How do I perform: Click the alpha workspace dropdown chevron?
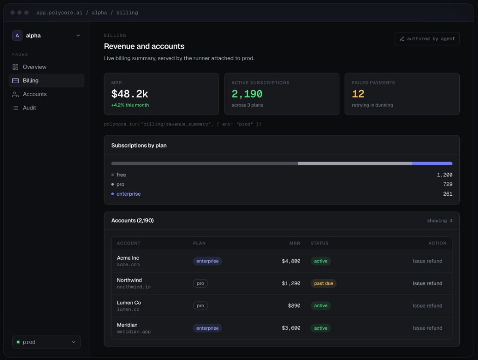pyautogui.click(x=78, y=35)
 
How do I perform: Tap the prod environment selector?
pyautogui.click(x=46, y=342)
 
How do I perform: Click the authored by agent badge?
pyautogui.click(x=427, y=39)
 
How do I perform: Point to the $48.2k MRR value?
pyautogui.click(x=130, y=94)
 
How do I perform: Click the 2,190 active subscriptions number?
pyautogui.click(x=247, y=94)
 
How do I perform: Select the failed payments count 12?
pyautogui.click(x=358, y=94)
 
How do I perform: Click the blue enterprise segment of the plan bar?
pyautogui.click(x=432, y=164)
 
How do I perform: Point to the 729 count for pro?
pyautogui.click(x=448, y=184)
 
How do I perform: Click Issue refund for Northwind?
pyautogui.click(x=428, y=283)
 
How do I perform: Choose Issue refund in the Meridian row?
pyautogui.click(x=428, y=328)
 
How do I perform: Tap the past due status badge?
pyautogui.click(x=323, y=283)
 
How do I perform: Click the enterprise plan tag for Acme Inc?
pyautogui.click(x=207, y=261)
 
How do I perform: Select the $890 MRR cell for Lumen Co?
pyautogui.click(x=294, y=306)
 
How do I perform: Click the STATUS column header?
pyautogui.click(x=319, y=243)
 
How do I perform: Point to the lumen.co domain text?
pyautogui.click(x=128, y=310)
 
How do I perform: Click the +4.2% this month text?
pyautogui.click(x=130, y=105)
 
